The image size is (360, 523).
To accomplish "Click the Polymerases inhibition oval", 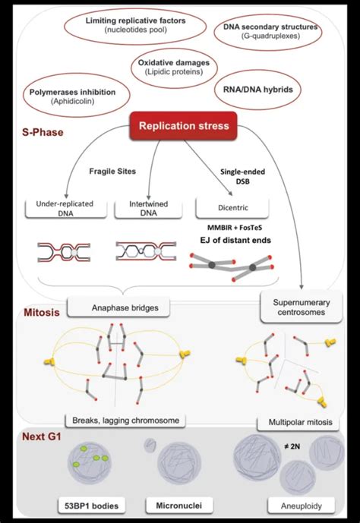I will tap(72, 96).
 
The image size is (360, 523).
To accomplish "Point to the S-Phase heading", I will tap(43, 131).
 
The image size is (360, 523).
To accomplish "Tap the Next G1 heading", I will tap(43, 437).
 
